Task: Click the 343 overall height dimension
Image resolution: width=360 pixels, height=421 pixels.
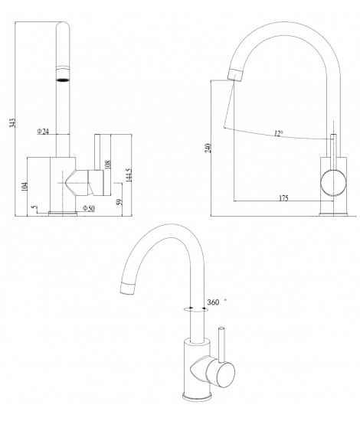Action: coord(13,122)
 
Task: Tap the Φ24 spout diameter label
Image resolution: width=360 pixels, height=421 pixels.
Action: coord(43,132)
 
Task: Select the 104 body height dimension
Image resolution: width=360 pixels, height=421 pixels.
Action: coord(25,187)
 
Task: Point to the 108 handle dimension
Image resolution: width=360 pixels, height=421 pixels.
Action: coord(107,165)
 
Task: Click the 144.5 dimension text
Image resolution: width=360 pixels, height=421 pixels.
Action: coord(129,175)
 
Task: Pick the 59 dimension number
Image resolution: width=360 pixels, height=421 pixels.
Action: coord(119,201)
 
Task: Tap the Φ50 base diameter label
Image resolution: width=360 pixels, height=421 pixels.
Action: coord(89,208)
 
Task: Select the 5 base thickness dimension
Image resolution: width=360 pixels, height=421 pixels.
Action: coord(33,207)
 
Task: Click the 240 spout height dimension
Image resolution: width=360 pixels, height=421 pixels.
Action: coord(208,148)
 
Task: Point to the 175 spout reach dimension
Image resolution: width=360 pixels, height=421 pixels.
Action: coord(283,198)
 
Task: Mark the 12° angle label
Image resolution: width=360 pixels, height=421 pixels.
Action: coord(279,133)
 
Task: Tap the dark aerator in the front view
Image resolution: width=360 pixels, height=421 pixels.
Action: coord(63,80)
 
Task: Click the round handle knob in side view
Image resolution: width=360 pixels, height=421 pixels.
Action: coord(333,183)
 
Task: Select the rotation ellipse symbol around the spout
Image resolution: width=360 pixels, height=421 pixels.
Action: coord(196,310)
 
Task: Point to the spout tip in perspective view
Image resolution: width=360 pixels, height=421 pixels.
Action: coord(127,289)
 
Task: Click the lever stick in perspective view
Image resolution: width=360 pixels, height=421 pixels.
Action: coord(222,344)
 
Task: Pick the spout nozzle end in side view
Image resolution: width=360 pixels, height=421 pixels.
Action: coord(235,74)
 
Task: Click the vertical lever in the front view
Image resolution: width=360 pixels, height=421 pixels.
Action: coord(97,152)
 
